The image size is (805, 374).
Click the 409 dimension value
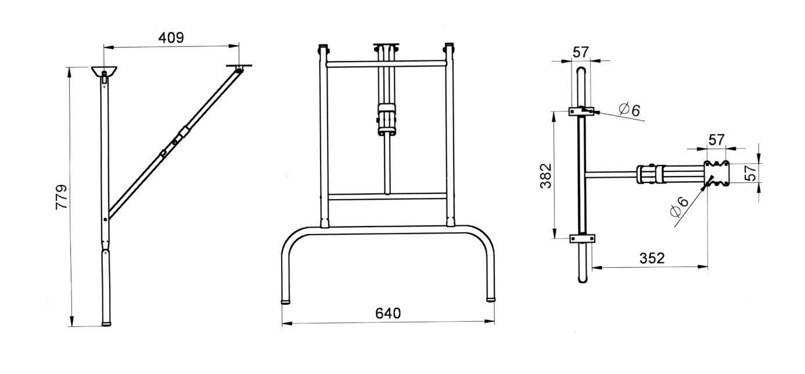(x=171, y=38)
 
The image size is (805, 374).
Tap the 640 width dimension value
(x=388, y=314)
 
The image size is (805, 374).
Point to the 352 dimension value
(x=652, y=258)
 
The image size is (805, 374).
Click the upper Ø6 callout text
(x=630, y=109)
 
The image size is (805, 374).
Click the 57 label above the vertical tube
(x=581, y=52)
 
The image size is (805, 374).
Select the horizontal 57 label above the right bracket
(x=717, y=140)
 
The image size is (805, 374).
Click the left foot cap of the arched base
(x=286, y=301)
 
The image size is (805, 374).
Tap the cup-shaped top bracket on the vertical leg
(x=105, y=72)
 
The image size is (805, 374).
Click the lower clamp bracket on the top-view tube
(x=583, y=238)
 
